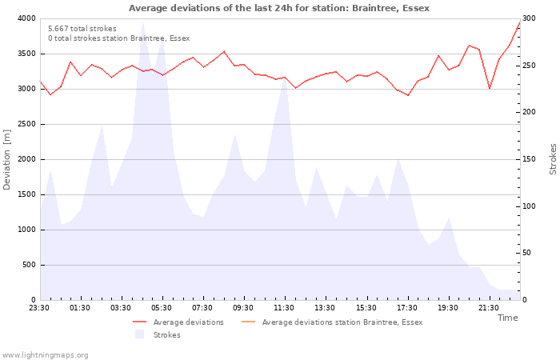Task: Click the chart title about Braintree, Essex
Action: (x=278, y=8)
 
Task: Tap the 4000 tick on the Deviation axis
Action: (x=26, y=18)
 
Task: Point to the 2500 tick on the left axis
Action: (x=26, y=124)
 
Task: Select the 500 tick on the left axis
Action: (x=28, y=265)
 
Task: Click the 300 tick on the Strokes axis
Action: (x=530, y=18)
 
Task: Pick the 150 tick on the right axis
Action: (x=530, y=159)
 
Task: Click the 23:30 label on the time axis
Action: (x=40, y=308)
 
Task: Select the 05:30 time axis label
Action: (x=162, y=308)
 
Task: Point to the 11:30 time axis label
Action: (x=285, y=308)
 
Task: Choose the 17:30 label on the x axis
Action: (x=407, y=308)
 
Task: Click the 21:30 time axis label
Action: (x=489, y=308)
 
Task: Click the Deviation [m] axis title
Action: (x=7, y=159)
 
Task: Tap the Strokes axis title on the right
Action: (x=553, y=159)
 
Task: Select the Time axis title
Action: (x=507, y=318)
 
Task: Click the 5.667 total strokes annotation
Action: (x=82, y=29)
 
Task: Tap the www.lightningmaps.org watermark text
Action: (x=46, y=354)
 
